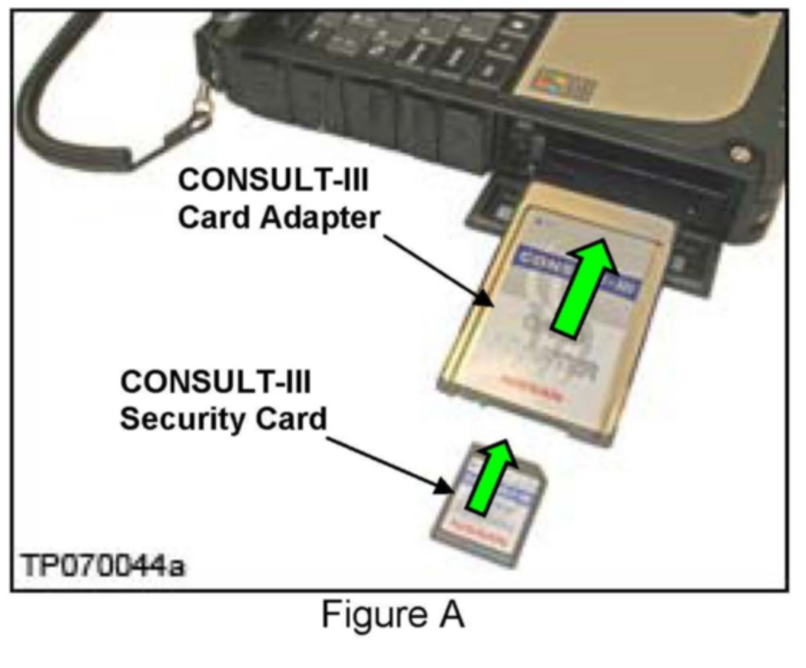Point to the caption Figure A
[392, 615]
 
